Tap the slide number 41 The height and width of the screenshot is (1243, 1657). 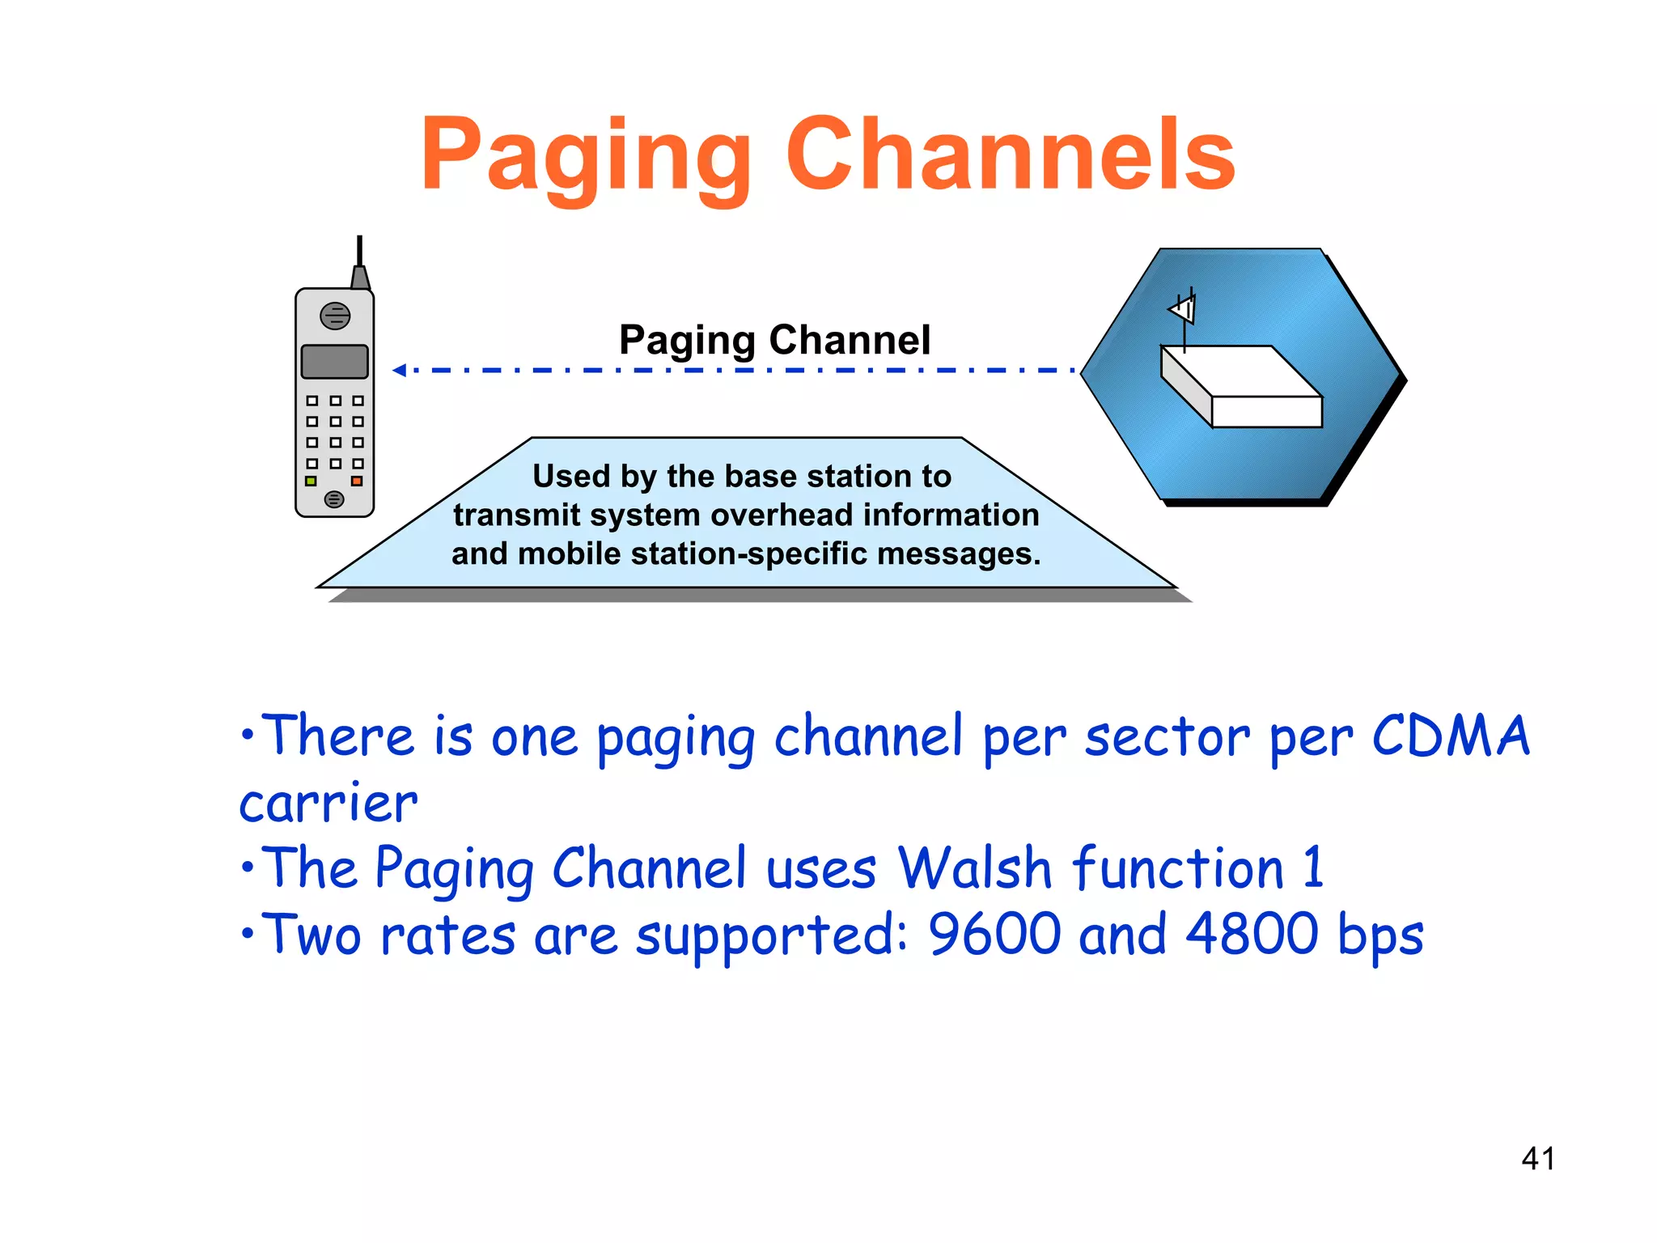[x=1537, y=1159]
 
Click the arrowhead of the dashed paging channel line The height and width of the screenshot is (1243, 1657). [x=399, y=371]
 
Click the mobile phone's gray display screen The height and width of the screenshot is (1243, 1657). [x=334, y=362]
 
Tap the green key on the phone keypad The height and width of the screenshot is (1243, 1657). [x=311, y=481]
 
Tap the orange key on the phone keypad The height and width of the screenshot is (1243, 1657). [x=357, y=481]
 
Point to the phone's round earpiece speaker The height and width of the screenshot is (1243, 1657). [x=335, y=316]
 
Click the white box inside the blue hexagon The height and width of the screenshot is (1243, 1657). [x=1242, y=387]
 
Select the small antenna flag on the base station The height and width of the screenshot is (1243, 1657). [x=1183, y=309]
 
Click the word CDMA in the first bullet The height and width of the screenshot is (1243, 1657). [x=1451, y=736]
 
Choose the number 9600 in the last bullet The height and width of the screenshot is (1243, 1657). [x=994, y=934]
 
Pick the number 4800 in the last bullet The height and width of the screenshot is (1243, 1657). [x=1252, y=934]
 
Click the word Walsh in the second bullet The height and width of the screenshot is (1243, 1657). [x=975, y=868]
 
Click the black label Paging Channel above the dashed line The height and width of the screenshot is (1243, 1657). [x=774, y=340]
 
